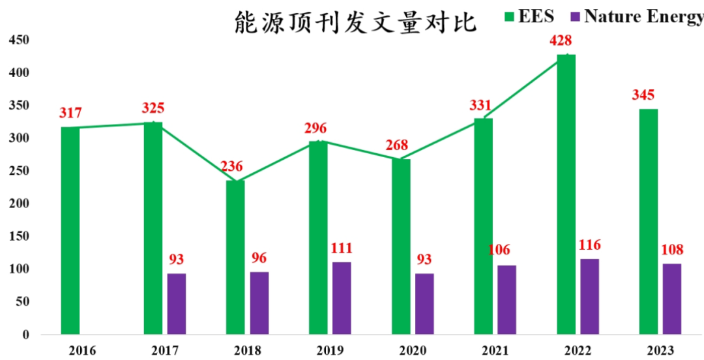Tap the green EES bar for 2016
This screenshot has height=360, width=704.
70,231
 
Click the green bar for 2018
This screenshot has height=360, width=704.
235,257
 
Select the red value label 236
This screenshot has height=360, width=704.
231,166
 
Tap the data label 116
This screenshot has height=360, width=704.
589,245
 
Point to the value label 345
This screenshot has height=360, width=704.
643,95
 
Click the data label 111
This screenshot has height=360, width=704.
342,248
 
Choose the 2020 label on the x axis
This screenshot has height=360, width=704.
412,351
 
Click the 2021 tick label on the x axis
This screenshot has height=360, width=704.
495,351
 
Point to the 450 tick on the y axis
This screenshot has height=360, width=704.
19,40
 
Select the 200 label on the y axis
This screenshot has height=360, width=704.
19,203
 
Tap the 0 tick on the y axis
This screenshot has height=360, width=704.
26,335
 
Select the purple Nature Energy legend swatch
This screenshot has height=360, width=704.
575,16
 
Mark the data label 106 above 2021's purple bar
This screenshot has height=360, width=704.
499,250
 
